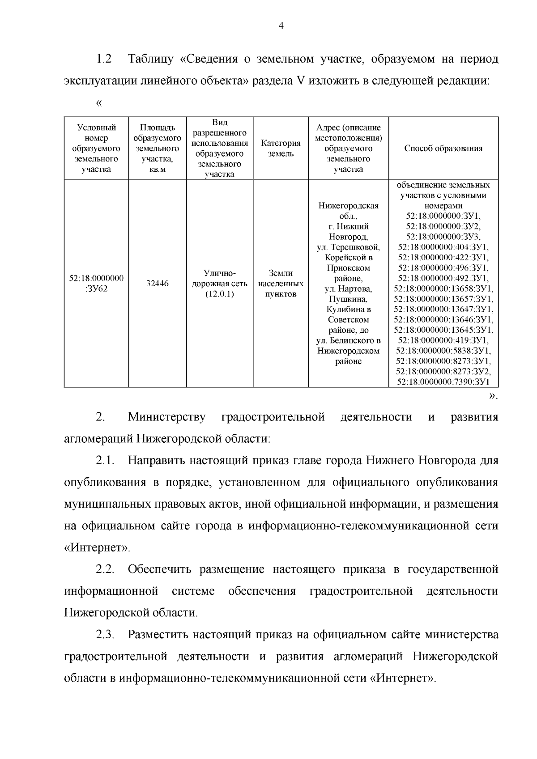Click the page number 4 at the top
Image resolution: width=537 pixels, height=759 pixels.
point(281,26)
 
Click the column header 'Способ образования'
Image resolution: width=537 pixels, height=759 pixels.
point(443,148)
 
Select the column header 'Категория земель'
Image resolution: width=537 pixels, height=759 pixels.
point(281,148)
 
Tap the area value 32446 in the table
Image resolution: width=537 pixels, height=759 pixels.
point(158,284)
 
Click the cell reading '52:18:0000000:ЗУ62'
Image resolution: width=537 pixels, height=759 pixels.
point(96,284)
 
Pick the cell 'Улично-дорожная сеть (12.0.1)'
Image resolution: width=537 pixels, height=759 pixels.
point(219,284)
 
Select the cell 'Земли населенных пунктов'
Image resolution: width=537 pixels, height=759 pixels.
point(281,284)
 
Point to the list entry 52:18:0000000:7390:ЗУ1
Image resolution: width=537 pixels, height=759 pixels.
point(443,382)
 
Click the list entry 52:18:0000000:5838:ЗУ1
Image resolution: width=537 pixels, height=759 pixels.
point(443,350)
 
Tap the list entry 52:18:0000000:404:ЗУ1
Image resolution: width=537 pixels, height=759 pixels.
point(443,247)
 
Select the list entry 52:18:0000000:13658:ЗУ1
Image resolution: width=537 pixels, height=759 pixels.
point(443,288)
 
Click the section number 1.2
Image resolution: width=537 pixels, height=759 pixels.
point(103,59)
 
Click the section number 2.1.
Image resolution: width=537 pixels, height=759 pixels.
point(105,461)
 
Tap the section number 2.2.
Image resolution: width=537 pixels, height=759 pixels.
point(105,570)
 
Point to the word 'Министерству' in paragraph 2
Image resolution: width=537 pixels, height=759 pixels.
point(166,417)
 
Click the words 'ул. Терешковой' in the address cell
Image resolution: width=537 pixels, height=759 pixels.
point(348,247)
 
